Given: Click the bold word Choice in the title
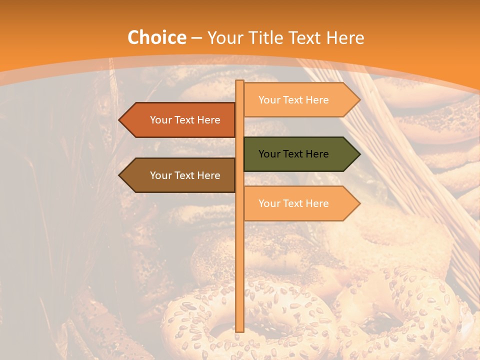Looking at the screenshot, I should (156, 37).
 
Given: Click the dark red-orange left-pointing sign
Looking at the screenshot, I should (180, 120).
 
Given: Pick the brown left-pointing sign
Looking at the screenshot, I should (180, 175).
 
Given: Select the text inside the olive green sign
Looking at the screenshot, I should (293, 154).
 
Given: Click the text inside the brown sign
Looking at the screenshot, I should (185, 175).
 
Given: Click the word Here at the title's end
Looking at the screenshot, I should (345, 37).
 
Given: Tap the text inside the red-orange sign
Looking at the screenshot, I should (185, 120).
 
